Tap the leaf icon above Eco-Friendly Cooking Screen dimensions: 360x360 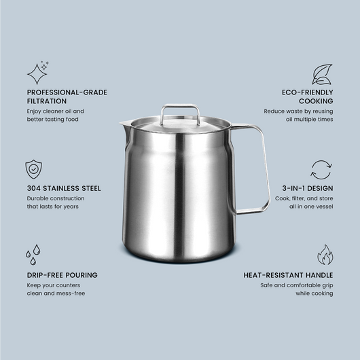point(322,74)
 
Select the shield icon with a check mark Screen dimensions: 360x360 point(33,169)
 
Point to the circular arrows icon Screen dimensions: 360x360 point(321,170)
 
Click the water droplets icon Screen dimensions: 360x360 point(33,255)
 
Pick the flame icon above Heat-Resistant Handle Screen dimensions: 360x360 point(325,255)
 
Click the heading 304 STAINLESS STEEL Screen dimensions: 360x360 point(64,189)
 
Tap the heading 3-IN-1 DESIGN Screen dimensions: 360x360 point(308,189)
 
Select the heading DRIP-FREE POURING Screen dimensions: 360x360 point(62,275)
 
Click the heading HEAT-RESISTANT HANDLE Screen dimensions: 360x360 point(288,275)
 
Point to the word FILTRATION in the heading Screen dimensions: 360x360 point(47,101)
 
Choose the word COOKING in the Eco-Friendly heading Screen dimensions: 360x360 point(316,101)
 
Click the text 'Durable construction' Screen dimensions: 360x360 point(56,198)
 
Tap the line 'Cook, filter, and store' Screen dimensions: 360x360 point(304,198)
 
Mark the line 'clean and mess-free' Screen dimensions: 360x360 point(56,293)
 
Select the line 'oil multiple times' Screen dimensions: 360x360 point(309,120)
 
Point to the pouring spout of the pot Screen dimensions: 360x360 point(124,125)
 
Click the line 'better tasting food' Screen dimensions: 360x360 point(52,120)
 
